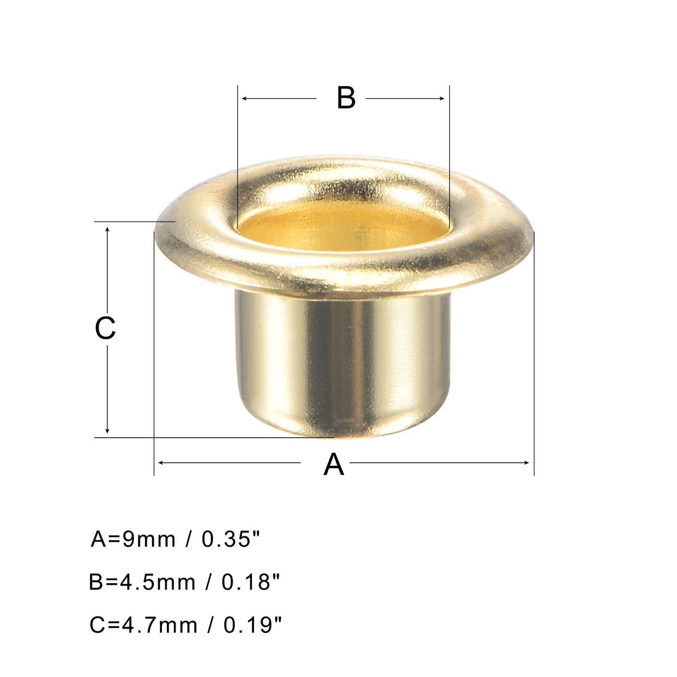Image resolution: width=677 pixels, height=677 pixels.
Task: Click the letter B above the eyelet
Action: coord(346,98)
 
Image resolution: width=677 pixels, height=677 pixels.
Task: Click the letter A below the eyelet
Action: coord(334,465)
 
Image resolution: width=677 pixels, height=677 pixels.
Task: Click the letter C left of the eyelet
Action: coord(105,328)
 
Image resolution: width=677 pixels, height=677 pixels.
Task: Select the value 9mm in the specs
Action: coord(149,539)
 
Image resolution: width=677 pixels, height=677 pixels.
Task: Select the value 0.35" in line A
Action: coord(231,539)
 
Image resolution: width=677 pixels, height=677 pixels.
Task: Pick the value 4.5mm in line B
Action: coord(158,582)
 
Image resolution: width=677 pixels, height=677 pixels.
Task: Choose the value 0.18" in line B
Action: coord(251,582)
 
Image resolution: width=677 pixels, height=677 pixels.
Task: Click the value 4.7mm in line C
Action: coord(159,625)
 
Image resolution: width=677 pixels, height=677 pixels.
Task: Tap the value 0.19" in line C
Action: coord(252,625)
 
